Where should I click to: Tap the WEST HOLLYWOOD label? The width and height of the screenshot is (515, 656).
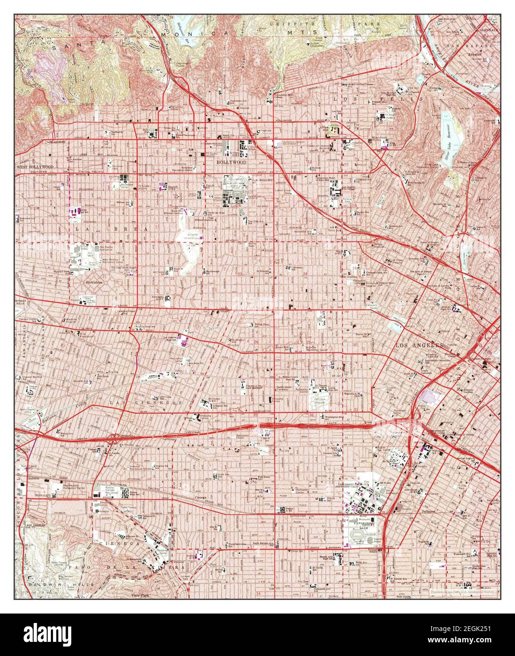click(34, 167)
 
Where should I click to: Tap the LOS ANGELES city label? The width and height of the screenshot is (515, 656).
click(419, 345)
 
